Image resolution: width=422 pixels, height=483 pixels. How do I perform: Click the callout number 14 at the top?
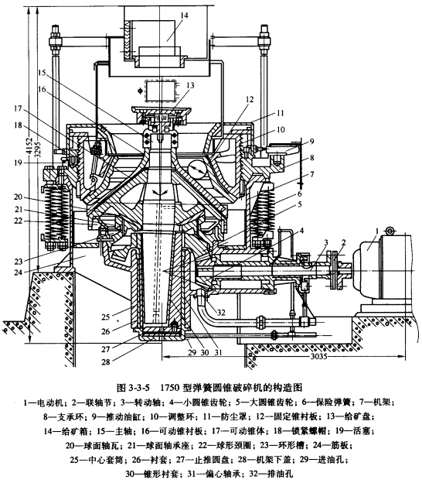[x=185, y=15]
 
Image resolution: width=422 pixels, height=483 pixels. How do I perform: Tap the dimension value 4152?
[x=29, y=147]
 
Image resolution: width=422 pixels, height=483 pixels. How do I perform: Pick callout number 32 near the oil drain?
[x=221, y=313]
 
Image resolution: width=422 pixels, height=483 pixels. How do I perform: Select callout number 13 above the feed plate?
[x=190, y=85]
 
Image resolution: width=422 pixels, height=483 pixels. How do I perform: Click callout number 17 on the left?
[x=18, y=109]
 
